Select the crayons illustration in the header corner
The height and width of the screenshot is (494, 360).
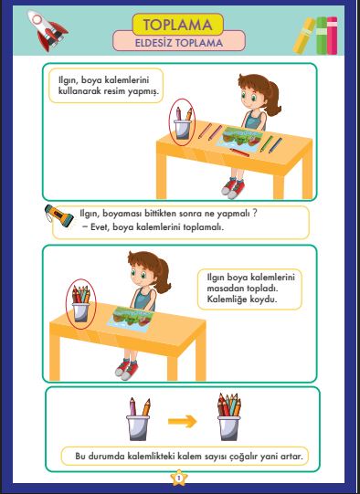coord(314,35)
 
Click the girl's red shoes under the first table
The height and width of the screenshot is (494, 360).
coord(235,187)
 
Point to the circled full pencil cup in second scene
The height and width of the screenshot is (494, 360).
coord(82,303)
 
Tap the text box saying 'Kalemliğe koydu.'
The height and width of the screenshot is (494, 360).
coord(249,300)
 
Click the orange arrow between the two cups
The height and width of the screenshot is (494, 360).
coord(183,421)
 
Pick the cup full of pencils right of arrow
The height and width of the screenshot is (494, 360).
coord(228,420)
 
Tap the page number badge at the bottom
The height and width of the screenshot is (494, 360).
coord(179,476)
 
